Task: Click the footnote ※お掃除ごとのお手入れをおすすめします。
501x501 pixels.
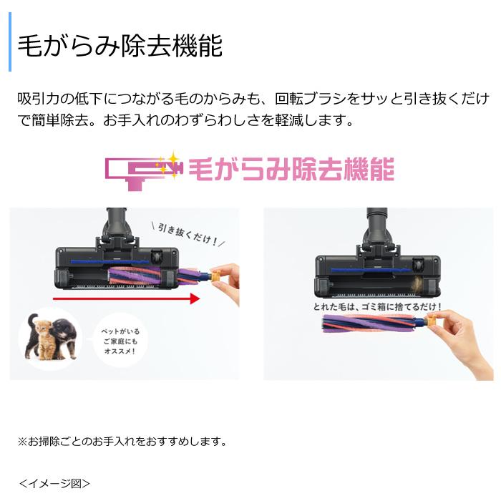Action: [122, 441]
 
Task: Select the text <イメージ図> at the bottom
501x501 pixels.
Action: [54, 483]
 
